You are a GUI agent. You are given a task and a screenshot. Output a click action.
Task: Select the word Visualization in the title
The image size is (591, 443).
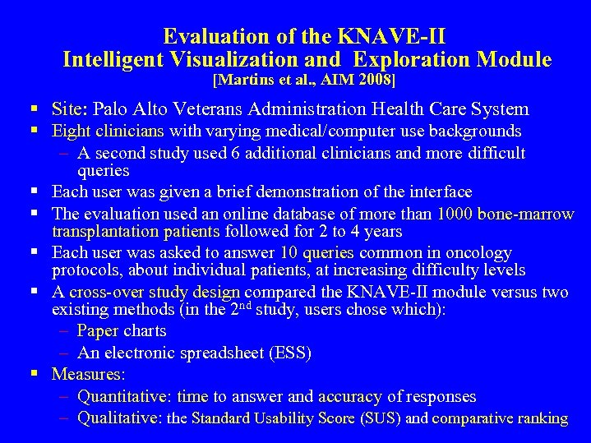pos(253,59)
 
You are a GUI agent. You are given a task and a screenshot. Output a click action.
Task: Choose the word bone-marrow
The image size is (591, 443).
pos(528,214)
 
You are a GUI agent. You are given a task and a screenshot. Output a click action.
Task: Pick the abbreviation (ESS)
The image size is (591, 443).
pos(288,353)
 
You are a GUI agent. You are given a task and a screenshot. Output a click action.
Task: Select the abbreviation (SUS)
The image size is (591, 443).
pos(381,418)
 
